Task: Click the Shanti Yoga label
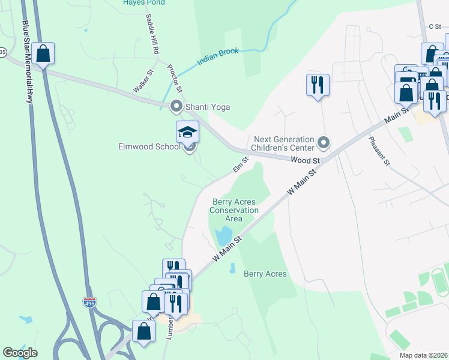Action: click(208, 107)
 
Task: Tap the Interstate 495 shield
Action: click(89, 302)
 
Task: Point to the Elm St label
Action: click(240, 164)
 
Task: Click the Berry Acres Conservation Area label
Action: click(234, 210)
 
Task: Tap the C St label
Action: click(435, 26)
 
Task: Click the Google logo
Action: click(20, 353)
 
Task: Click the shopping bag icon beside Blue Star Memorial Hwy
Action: click(43, 53)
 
